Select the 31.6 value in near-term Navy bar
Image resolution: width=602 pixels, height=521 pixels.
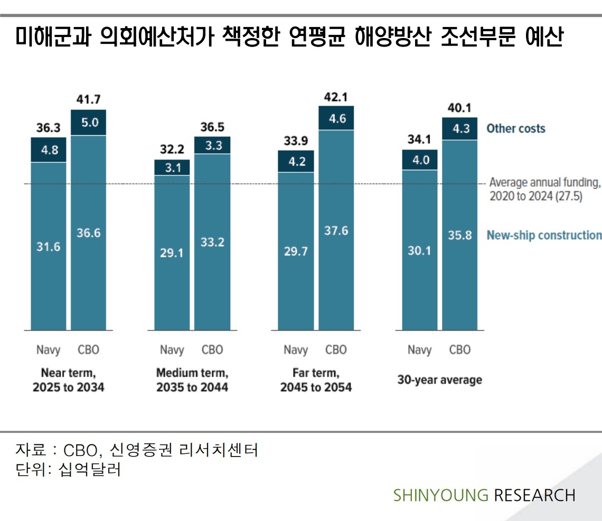(x=48, y=247)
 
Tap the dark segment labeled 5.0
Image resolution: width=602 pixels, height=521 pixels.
(x=89, y=123)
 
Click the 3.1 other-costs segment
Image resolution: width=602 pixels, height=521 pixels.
(x=172, y=168)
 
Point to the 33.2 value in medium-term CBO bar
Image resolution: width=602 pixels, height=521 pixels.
(x=212, y=242)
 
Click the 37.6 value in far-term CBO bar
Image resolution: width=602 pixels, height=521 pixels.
(x=336, y=230)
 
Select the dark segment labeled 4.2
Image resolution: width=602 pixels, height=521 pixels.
(x=296, y=161)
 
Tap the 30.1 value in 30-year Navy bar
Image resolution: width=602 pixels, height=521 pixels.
(x=419, y=250)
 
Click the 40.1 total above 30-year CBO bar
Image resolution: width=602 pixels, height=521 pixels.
(x=459, y=107)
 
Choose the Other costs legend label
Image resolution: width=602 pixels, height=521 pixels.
(x=515, y=128)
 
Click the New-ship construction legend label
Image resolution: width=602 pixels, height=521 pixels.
(x=544, y=235)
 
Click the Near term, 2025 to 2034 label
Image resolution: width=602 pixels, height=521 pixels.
(x=69, y=380)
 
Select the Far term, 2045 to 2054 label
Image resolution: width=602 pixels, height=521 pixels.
(x=316, y=380)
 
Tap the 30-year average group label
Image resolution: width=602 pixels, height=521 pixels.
(x=439, y=380)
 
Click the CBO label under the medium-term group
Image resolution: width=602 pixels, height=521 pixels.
(x=212, y=350)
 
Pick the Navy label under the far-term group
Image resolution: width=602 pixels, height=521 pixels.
(x=296, y=350)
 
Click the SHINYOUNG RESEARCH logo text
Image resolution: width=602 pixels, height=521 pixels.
(x=484, y=495)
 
